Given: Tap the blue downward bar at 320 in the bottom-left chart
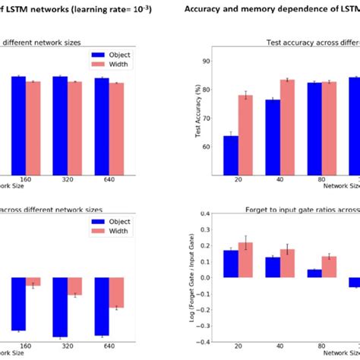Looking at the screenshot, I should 60,307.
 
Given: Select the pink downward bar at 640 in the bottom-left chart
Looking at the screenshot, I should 116,292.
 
